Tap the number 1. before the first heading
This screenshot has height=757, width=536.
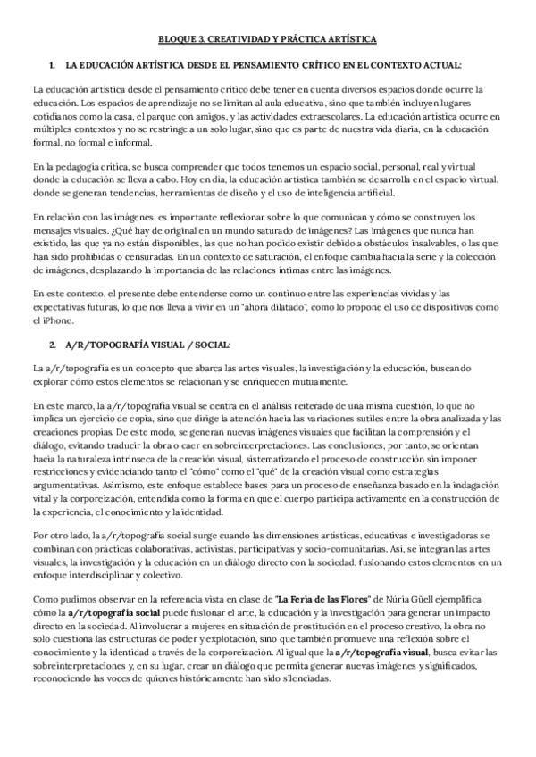55,66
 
